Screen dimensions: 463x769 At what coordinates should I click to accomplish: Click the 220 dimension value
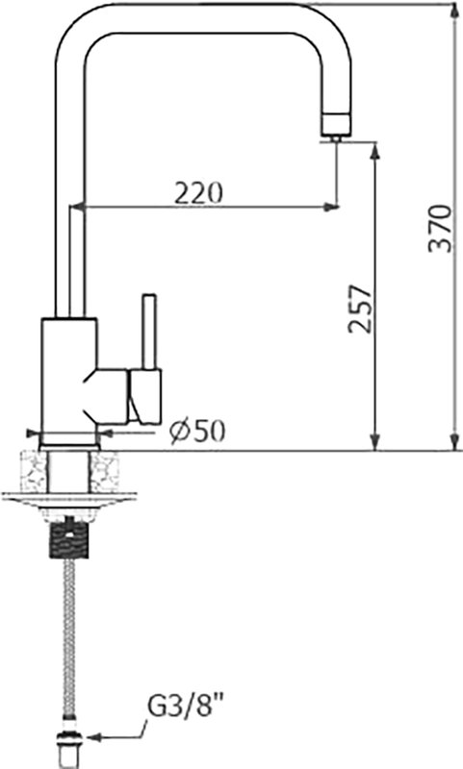coord(199,193)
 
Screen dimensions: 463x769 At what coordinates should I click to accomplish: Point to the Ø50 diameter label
coord(197,431)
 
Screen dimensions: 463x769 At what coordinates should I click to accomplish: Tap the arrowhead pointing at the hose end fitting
coord(93,736)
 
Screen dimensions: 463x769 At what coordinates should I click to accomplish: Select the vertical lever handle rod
coord(149,332)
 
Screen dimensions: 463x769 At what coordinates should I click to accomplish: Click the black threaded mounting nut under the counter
coord(69,540)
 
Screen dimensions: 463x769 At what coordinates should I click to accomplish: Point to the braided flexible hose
coord(69,637)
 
